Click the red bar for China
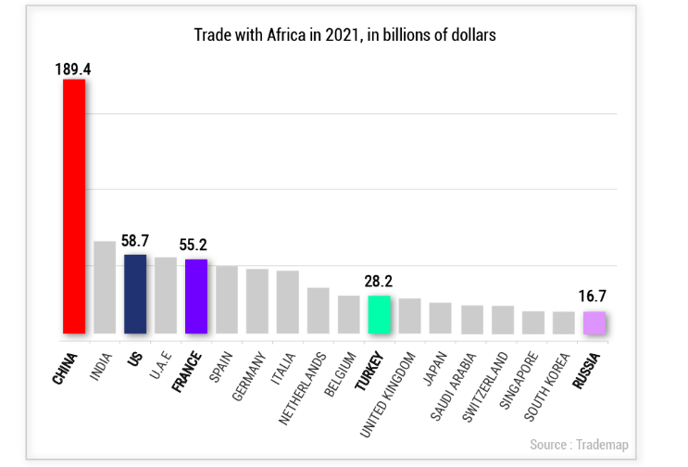(x=74, y=206)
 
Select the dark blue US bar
(x=135, y=294)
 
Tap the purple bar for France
(x=196, y=296)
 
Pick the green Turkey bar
(x=379, y=314)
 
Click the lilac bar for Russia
(x=594, y=322)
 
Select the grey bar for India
(x=105, y=287)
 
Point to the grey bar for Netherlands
(x=318, y=310)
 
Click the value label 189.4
(x=72, y=69)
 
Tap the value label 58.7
(x=135, y=241)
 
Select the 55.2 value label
(x=193, y=246)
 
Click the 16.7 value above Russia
(x=592, y=297)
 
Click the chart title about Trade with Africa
(x=344, y=35)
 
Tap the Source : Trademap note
(x=578, y=445)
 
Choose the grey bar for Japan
(x=440, y=318)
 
